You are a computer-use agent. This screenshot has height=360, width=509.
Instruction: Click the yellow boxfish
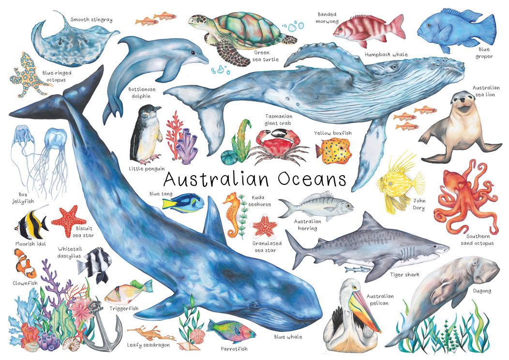tap(333, 148)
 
